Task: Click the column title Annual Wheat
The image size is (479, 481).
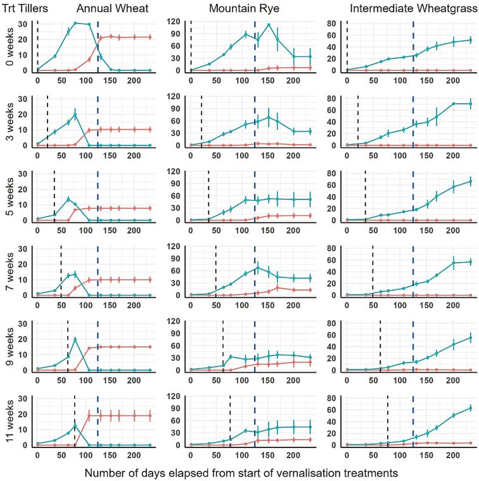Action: click(113, 9)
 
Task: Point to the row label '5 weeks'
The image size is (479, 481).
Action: click(8, 197)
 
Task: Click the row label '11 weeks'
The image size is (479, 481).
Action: click(8, 422)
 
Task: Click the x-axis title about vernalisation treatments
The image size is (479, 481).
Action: click(240, 473)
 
